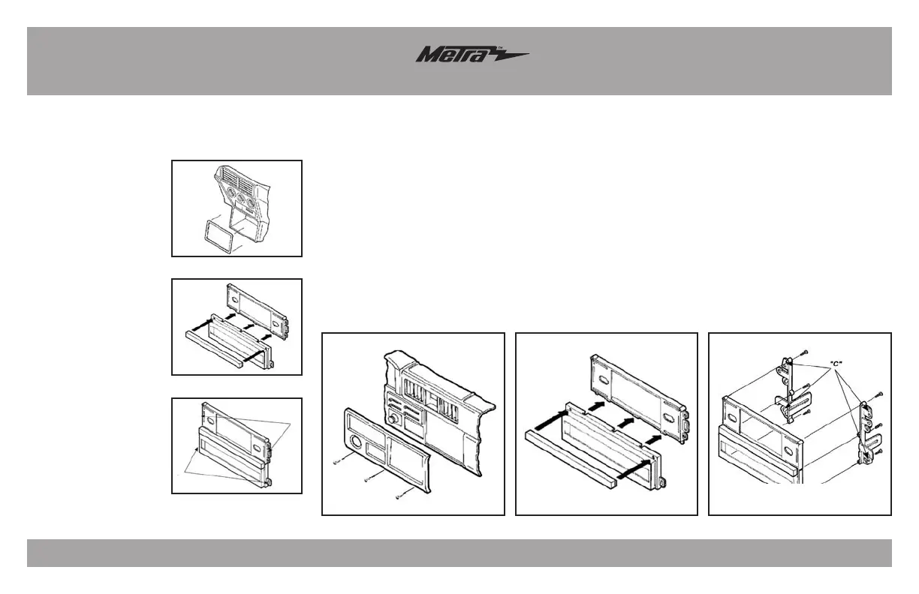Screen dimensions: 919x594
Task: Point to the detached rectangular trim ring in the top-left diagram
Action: (215, 232)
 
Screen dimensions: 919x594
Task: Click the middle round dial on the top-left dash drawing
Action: (242, 202)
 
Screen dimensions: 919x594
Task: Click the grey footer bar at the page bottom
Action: (459, 553)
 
